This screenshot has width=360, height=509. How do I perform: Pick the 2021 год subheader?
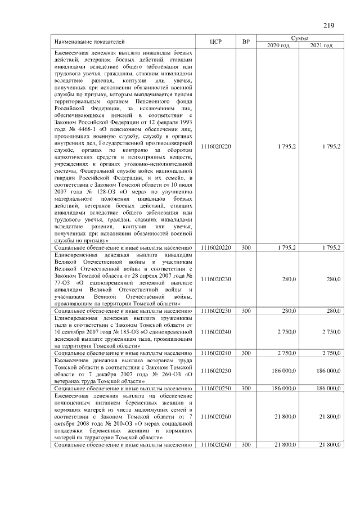click(322, 46)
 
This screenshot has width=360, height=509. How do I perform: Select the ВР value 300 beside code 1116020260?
click(246, 445)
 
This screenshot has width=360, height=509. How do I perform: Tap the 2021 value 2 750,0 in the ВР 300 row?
click(327, 353)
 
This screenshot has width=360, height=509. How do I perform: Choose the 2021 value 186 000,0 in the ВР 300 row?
click(325, 388)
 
